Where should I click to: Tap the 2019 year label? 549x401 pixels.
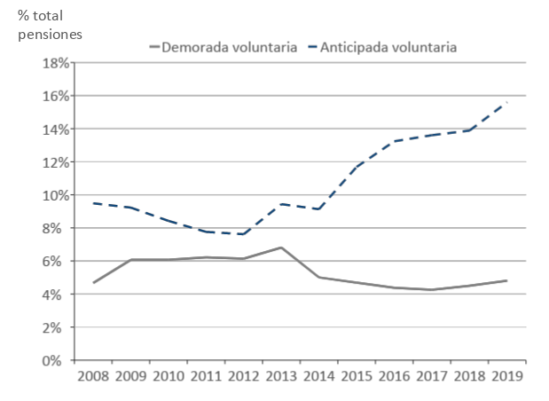pos(506,375)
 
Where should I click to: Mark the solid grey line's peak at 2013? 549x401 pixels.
pos(281,248)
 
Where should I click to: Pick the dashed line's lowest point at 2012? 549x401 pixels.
pos(242,234)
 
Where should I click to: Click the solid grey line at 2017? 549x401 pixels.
pos(430,289)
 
